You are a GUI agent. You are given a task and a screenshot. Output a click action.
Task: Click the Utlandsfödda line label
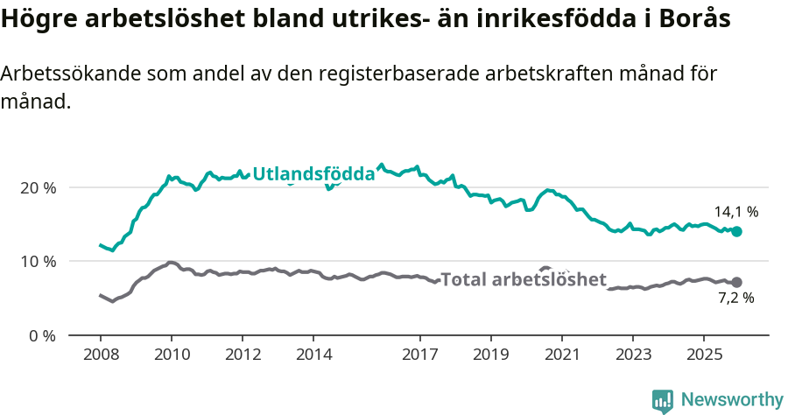coord(313,174)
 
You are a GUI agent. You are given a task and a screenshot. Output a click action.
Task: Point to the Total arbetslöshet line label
coord(523,279)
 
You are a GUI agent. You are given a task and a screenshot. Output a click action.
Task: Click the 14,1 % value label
coord(735,212)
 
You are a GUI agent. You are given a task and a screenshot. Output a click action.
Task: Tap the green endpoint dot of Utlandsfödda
coord(737,231)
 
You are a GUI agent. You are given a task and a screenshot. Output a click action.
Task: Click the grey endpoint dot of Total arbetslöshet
coord(736,282)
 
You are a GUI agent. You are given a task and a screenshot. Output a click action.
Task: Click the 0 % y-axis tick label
coord(43,335)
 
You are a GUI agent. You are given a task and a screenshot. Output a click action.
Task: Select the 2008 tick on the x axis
coord(100,355)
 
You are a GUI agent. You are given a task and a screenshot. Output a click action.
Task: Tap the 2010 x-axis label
coord(171,355)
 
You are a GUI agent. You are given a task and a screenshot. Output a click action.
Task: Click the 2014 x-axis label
coord(313,355)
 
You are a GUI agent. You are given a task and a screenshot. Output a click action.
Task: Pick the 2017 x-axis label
coord(419,355)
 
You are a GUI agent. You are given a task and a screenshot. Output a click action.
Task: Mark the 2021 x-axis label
coord(561,355)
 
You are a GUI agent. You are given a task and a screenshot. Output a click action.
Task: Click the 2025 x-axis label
coord(703,355)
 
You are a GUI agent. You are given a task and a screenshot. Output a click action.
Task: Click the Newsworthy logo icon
coord(663,400)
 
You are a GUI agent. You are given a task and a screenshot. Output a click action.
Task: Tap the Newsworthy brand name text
coord(732,400)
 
